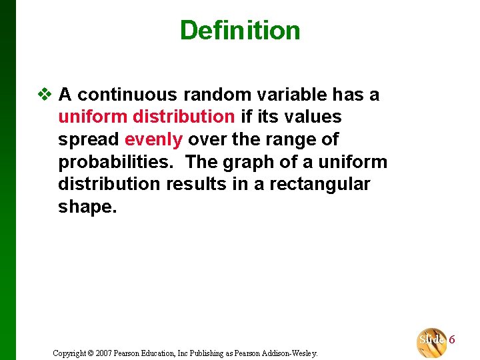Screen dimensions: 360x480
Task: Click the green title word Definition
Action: [x=240, y=30]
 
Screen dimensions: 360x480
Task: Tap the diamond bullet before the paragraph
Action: [x=44, y=95]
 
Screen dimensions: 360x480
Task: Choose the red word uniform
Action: [x=93, y=117]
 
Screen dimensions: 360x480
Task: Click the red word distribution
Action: [x=183, y=117]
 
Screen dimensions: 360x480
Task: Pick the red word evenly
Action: [x=153, y=139]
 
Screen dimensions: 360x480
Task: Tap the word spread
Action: [x=88, y=140]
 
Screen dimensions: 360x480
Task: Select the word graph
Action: [x=247, y=162]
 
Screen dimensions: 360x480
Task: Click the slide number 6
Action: [x=452, y=339]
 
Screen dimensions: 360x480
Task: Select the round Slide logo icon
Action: [x=431, y=341]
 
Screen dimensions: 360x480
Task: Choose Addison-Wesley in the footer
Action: [x=289, y=353]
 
